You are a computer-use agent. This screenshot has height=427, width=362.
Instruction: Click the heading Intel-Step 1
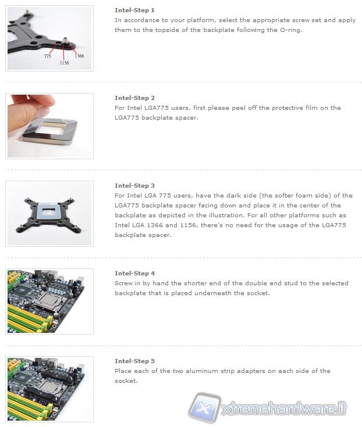(134, 10)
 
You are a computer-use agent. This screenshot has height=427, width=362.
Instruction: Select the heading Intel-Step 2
(134, 98)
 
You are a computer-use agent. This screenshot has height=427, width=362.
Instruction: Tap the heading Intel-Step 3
(134, 186)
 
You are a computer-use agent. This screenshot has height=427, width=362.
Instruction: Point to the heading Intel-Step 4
(134, 274)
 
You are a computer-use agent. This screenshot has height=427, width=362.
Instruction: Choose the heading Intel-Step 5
(134, 361)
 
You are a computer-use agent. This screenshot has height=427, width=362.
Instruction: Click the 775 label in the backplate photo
(48, 56)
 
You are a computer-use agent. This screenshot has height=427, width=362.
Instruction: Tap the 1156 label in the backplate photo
(64, 63)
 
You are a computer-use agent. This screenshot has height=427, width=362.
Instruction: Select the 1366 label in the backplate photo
(79, 56)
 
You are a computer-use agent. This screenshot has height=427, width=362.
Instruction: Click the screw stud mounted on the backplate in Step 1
(65, 41)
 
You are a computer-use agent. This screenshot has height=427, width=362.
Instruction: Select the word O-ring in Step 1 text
(291, 30)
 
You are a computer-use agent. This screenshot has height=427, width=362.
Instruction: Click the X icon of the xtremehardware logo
(205, 407)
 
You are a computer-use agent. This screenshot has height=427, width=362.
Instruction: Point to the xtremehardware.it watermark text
(284, 409)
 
